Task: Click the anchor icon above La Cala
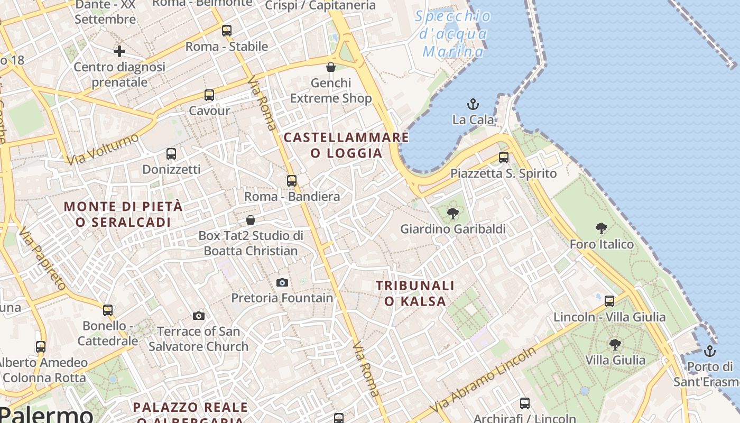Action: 473,104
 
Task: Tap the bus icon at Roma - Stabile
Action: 227,31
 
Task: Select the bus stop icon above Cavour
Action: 209,95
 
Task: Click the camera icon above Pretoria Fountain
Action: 282,282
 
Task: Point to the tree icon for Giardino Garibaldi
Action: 452,214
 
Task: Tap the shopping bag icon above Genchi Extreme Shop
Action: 331,67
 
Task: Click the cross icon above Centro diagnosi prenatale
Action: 119,51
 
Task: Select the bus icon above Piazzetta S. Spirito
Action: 504,158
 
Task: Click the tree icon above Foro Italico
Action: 601,228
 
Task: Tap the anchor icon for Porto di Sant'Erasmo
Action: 709,351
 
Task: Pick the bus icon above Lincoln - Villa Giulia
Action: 609,301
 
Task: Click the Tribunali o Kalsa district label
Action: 415,293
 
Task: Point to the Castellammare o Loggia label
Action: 346,145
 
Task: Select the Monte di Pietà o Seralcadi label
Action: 123,214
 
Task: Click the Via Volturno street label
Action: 103,149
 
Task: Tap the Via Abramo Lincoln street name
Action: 483,380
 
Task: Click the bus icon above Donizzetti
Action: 171,154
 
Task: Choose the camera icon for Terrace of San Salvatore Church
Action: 199,316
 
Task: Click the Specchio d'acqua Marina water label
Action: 454,34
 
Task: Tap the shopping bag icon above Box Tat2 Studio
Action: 251,220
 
